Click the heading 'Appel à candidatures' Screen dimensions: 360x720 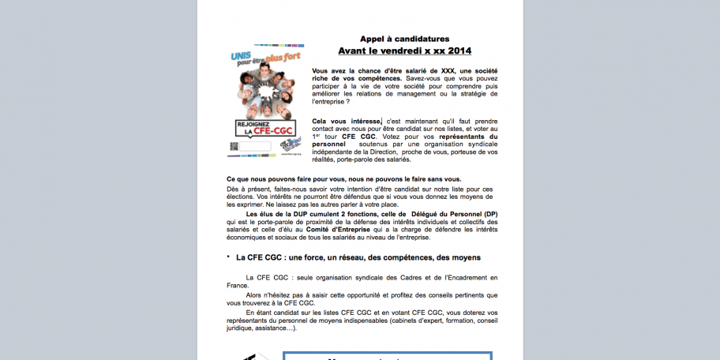tap(404, 39)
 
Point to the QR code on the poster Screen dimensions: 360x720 tap(234, 146)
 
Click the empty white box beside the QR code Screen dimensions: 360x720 tap(254, 146)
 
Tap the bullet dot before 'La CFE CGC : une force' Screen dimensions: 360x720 tap(228, 257)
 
